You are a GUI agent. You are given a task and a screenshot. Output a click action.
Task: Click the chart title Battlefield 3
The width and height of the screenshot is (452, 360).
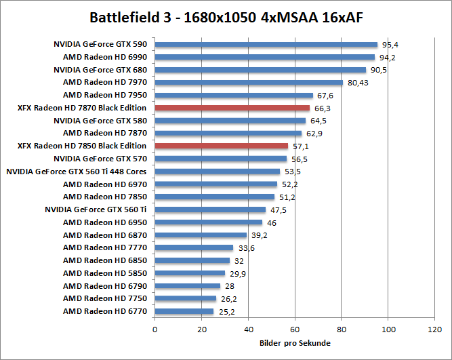(226, 16)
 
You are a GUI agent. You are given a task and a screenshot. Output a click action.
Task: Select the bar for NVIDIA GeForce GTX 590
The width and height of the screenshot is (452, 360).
(266, 44)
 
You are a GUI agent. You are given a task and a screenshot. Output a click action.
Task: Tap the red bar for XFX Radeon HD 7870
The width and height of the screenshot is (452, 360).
(232, 108)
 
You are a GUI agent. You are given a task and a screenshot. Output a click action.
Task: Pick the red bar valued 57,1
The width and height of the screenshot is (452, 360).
(222, 146)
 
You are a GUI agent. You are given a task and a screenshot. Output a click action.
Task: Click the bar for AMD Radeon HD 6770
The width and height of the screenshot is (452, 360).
(184, 311)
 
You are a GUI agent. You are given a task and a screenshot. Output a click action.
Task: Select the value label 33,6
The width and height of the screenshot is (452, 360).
(245, 248)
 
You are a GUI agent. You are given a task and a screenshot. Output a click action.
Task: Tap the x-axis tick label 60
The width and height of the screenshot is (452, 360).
(295, 329)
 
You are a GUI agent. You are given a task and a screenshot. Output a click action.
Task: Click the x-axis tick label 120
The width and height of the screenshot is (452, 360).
(434, 329)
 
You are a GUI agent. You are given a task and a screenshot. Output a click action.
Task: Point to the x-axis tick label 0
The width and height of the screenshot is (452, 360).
(155, 329)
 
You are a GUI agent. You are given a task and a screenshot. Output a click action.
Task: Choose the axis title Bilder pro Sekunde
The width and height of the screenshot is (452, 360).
(295, 343)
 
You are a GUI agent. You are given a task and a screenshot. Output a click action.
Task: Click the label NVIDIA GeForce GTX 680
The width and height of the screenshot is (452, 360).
(100, 70)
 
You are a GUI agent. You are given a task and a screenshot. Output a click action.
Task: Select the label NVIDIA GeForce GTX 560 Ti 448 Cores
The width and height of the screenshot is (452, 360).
(77, 172)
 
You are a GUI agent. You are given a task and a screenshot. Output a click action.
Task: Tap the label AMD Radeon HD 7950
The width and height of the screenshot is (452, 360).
(105, 95)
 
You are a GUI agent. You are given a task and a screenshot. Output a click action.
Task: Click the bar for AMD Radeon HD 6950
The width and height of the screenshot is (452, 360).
(209, 222)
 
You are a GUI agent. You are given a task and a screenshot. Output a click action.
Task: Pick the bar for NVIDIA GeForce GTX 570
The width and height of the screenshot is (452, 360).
(221, 159)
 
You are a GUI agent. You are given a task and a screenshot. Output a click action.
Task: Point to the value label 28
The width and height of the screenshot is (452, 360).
(230, 286)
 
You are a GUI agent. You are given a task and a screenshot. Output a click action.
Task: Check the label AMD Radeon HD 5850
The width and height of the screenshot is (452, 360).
(105, 273)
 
